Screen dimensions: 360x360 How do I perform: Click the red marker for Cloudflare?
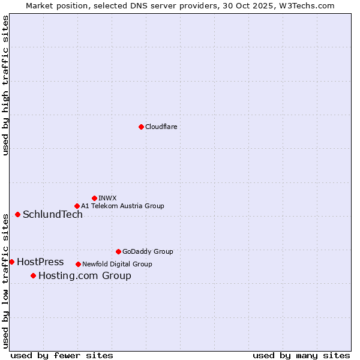[x=141, y=127]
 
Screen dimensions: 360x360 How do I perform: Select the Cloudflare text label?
[x=161, y=127]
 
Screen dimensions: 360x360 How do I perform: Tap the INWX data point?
[x=94, y=198]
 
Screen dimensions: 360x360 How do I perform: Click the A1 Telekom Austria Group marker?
[x=77, y=206]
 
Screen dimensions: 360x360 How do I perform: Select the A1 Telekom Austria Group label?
[x=122, y=206]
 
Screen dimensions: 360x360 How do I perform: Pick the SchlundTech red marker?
[x=17, y=214]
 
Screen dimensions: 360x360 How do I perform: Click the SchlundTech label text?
[x=53, y=215]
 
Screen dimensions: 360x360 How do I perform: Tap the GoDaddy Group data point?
[x=118, y=251]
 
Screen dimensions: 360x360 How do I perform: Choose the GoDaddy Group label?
[x=148, y=251]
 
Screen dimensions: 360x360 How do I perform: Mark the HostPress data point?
[x=12, y=262]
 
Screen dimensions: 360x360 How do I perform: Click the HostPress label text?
[x=40, y=262]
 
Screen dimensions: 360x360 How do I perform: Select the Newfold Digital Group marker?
[x=78, y=264]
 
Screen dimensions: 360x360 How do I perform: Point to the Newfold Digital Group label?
[x=117, y=264]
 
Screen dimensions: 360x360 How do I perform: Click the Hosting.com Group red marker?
[x=33, y=275]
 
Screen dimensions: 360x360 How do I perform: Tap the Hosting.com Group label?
[x=85, y=276]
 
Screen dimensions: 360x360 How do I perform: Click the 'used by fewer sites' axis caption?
[x=62, y=355]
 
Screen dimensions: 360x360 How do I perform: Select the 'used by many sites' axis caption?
[x=301, y=355]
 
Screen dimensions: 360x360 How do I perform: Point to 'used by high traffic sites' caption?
[x=6, y=85]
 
